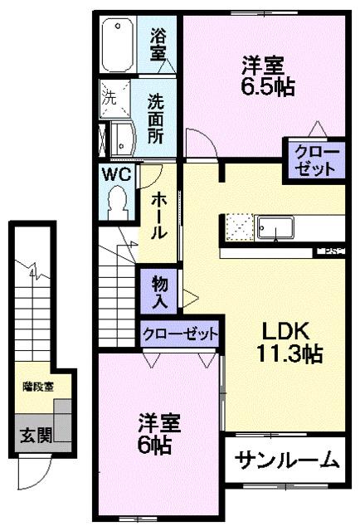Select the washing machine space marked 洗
pos(110,96)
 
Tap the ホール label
pos(157,214)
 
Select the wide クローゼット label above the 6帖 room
pos(179,334)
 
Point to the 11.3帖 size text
pos(289,355)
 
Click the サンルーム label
pos(286,459)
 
